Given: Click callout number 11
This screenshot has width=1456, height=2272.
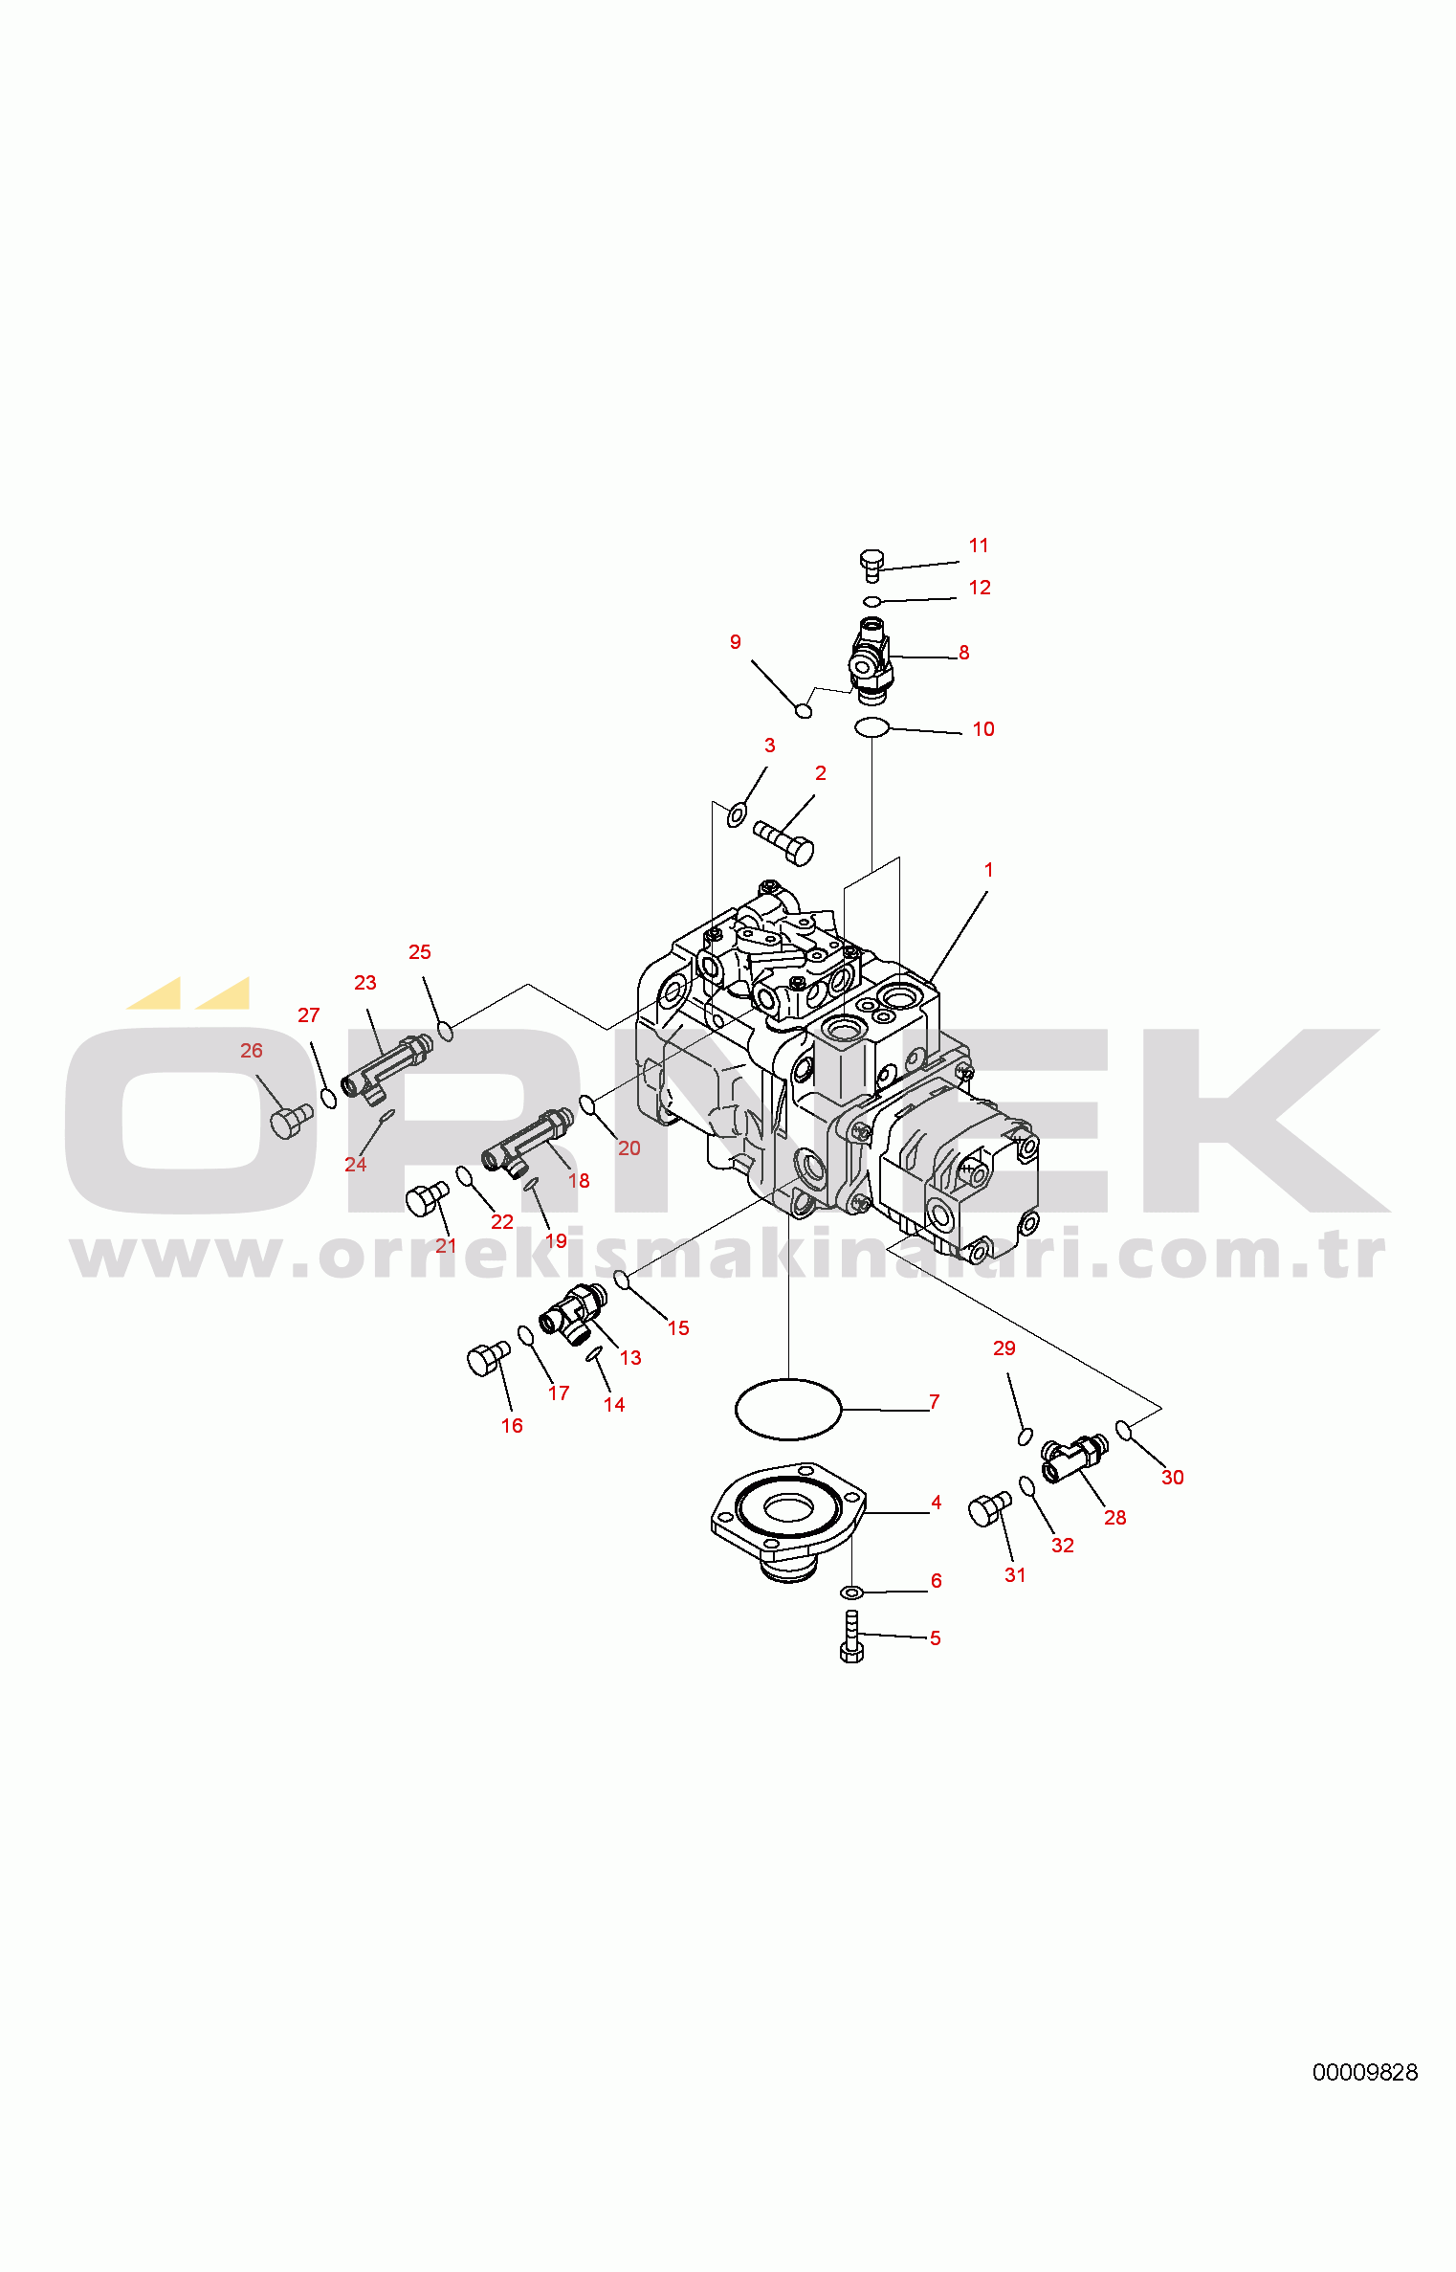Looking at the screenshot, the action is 978,546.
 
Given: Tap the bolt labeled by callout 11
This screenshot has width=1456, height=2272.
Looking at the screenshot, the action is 871,565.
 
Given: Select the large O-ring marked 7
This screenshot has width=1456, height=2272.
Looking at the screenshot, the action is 788,1409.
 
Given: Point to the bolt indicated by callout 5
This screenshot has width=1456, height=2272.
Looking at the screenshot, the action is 851,1636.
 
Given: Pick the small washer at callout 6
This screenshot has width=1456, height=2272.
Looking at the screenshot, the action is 851,1593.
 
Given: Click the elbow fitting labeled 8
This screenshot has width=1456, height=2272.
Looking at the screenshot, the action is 871,660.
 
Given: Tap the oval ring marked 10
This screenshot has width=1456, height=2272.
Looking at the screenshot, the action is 871,727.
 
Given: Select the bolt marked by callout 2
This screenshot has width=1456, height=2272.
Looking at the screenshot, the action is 784,842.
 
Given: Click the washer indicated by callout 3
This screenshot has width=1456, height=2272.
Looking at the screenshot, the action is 737,815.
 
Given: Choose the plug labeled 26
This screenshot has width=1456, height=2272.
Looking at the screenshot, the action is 291,1121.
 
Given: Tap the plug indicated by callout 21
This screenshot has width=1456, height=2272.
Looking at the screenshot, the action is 427,1198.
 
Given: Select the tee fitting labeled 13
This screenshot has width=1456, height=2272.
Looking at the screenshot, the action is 573,1314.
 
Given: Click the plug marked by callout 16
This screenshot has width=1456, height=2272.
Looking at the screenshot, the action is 488,1358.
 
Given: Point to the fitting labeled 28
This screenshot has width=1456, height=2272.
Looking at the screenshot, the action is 1074,1458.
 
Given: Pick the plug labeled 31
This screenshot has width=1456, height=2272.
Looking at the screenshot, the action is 989,1508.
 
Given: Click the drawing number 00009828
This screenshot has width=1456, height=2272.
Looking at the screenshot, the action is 1364,2072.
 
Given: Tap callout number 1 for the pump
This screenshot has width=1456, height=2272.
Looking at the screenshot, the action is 988,870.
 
